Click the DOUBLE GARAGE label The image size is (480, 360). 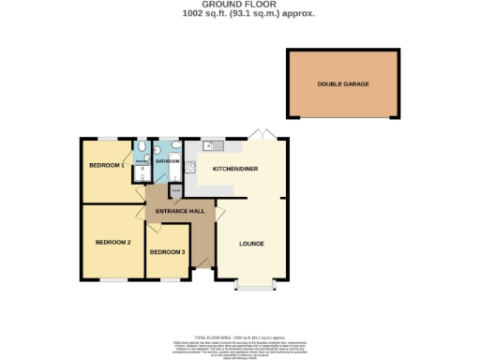[x=343, y=84]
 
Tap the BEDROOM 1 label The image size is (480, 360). [x=107, y=165]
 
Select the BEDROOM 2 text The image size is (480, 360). [x=112, y=242]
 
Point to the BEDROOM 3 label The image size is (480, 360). [x=168, y=252]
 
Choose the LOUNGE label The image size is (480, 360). [x=251, y=244]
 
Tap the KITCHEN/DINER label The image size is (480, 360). [x=235, y=169]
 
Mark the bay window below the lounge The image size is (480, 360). [x=250, y=286]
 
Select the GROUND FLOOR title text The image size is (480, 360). [x=239, y=5]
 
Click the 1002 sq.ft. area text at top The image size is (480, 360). [x=239, y=13]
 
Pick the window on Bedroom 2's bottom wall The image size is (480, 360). [x=114, y=279]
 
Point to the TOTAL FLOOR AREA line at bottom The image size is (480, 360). [x=239, y=335]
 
